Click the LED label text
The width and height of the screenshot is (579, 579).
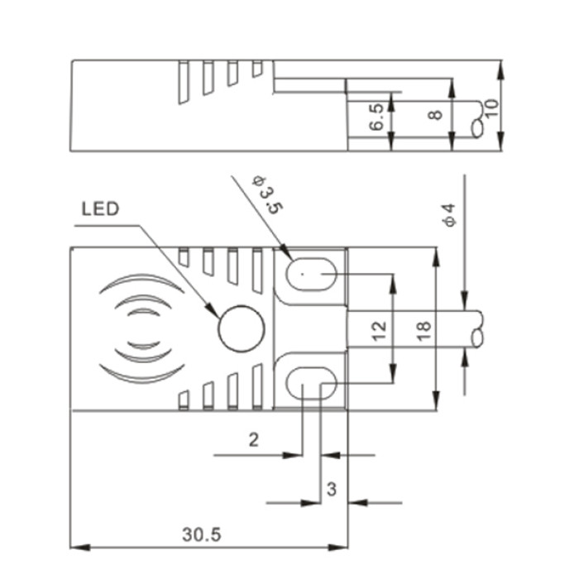[x=100, y=209]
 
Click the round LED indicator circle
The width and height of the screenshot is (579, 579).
[x=242, y=328]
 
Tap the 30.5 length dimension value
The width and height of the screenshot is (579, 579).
[x=202, y=534]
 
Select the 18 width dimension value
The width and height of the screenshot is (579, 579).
[x=424, y=331]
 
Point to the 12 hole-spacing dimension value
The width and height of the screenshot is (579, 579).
[x=380, y=331]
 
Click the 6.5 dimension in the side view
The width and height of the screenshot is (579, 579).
[x=376, y=117]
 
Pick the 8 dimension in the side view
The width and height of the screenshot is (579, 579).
[x=436, y=115]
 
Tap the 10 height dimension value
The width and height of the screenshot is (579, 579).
[x=492, y=108]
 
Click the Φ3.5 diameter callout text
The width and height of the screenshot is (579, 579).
[x=266, y=196]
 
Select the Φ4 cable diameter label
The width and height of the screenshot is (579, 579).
[x=450, y=215]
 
